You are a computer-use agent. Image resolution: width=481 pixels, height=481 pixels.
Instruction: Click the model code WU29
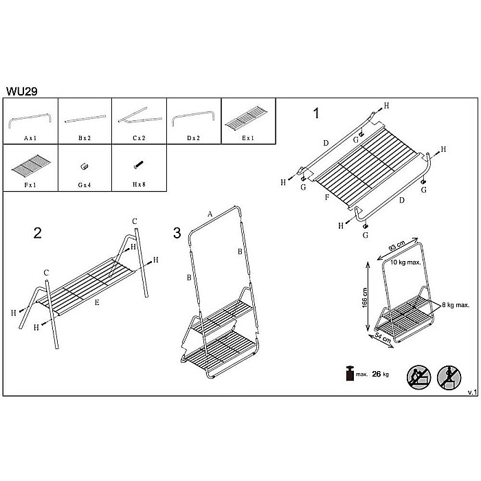[x=22, y=91]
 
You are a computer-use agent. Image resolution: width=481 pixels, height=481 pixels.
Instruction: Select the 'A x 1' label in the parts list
[x=30, y=138]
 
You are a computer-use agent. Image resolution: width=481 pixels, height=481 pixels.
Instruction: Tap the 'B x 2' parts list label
[x=85, y=138]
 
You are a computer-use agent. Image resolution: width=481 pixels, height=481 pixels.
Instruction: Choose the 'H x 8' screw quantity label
[x=139, y=184]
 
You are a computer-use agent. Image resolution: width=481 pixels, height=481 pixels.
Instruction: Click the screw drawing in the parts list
[x=139, y=165]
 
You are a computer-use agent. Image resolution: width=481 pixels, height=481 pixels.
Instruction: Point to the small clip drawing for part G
[x=84, y=166]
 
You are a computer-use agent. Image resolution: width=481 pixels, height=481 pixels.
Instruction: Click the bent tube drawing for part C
[x=139, y=116]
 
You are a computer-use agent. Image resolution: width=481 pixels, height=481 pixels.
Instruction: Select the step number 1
[x=316, y=113]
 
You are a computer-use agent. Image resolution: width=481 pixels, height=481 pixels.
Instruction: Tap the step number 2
[x=37, y=233]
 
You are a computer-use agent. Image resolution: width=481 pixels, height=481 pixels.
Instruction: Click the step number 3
[x=177, y=233]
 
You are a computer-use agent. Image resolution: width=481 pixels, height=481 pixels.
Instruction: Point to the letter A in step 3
[x=210, y=214]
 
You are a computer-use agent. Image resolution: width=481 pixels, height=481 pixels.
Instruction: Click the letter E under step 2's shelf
[x=97, y=302]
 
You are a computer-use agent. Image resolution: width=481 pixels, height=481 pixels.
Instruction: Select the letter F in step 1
[x=327, y=197]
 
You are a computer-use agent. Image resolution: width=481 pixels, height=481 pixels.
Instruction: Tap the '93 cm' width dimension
[x=396, y=246]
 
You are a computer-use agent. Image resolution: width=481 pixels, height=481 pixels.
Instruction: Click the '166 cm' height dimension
[x=364, y=298]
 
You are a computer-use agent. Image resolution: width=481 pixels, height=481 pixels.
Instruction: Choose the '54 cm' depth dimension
[x=383, y=338]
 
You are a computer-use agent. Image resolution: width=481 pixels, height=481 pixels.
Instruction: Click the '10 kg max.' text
[x=405, y=262]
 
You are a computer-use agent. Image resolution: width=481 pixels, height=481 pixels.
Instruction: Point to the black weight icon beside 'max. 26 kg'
[x=350, y=373]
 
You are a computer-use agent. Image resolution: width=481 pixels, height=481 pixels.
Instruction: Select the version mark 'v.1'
[x=473, y=392]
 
